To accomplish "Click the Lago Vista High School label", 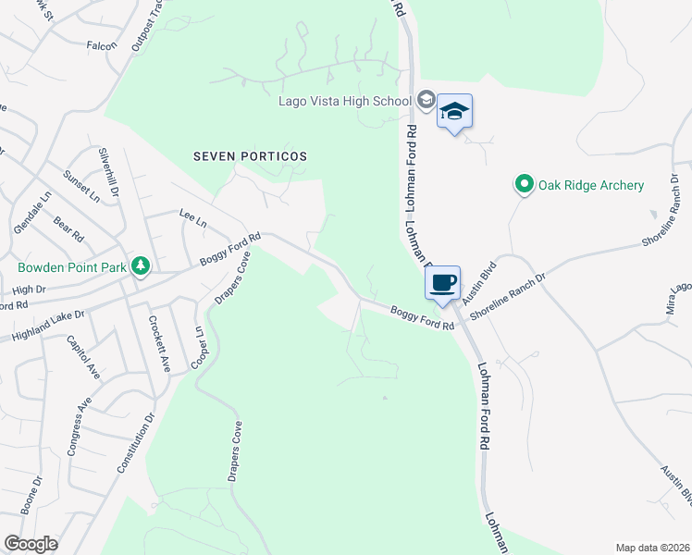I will tap(344, 100).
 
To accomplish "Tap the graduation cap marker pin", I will tap(454, 113).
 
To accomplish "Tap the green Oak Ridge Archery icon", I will tap(525, 185).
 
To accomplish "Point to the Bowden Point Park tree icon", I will tap(140, 267).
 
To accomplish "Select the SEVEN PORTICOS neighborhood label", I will tap(250, 156).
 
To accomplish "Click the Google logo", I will tap(31, 544).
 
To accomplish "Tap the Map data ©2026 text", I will tap(651, 548).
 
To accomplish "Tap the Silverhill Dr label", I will tap(113, 172).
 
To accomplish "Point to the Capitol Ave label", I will tap(83, 357).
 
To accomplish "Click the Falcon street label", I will tap(102, 45).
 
